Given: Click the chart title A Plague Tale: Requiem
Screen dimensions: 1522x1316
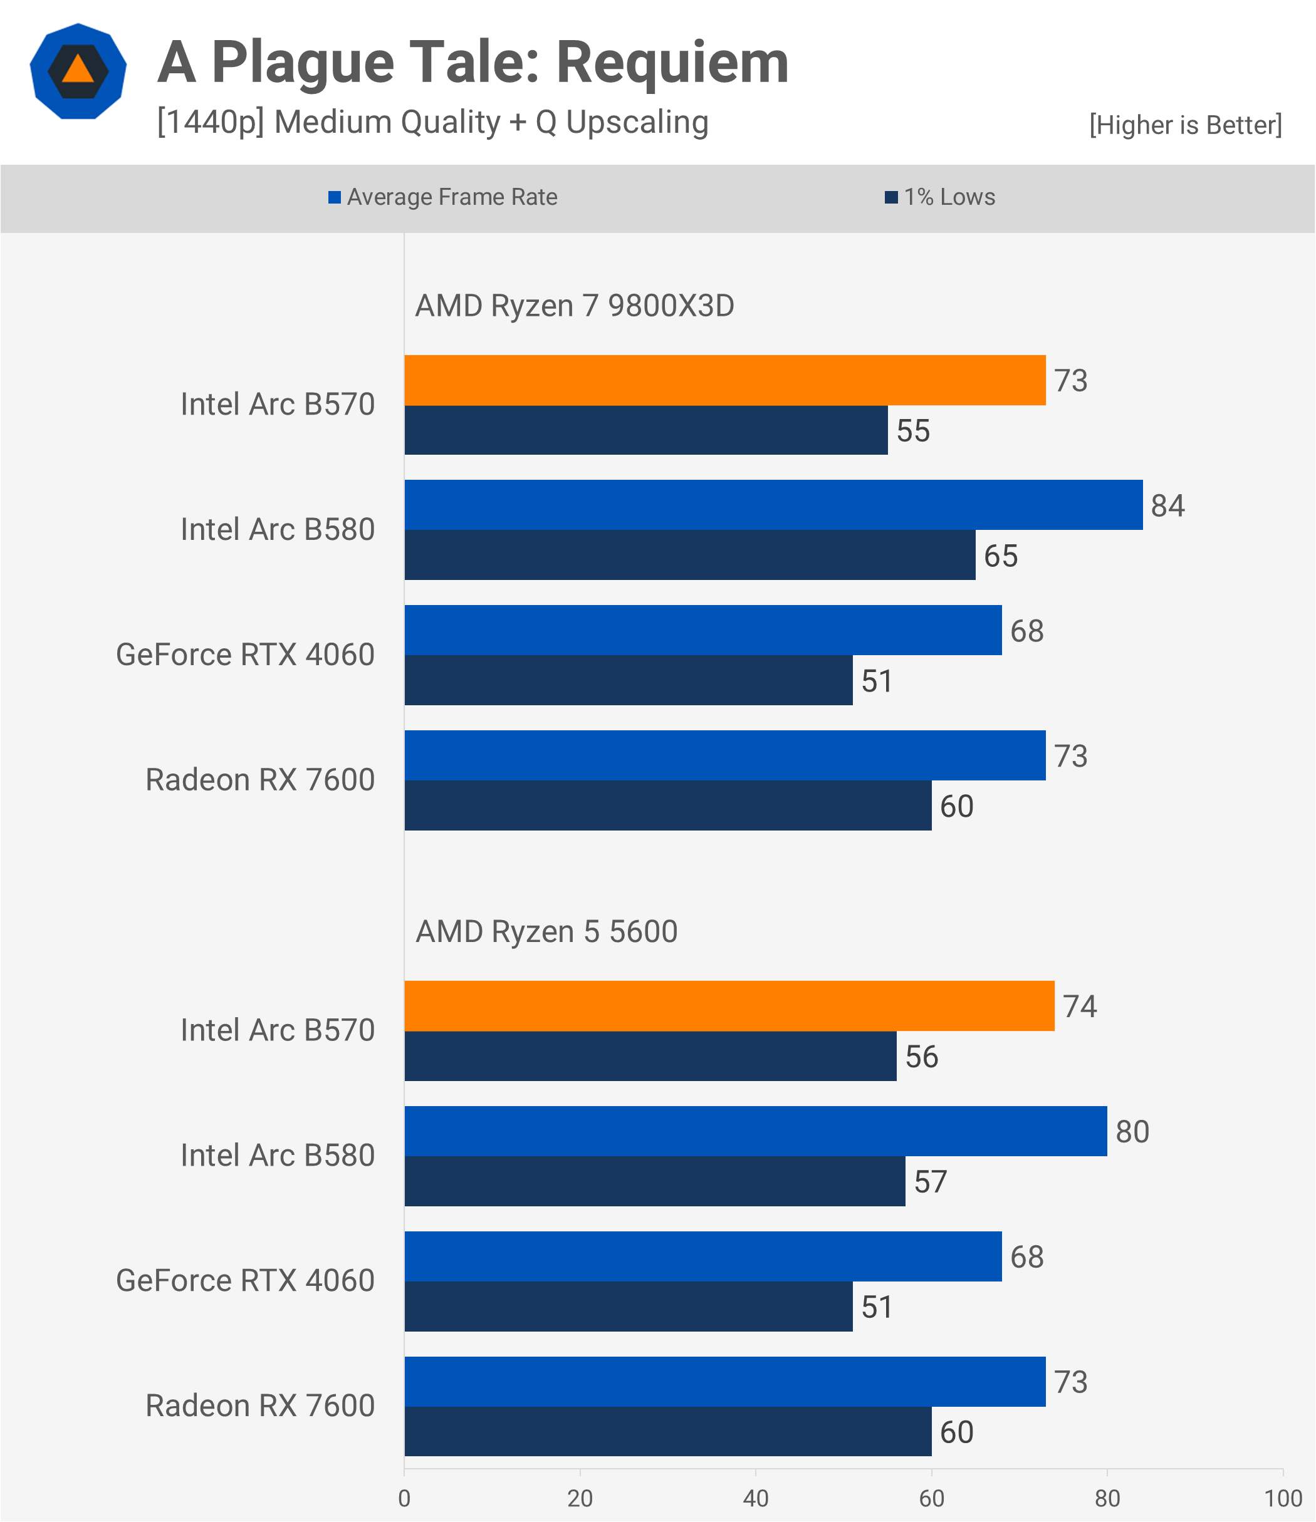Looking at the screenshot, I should coord(473,63).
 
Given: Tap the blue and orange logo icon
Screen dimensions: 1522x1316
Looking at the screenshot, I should coord(78,71).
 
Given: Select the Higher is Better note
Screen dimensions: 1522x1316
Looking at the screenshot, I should coord(1185,125).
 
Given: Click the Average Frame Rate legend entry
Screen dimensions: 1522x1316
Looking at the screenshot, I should coord(443,197).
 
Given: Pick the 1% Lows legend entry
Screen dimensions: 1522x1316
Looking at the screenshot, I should coord(941,197).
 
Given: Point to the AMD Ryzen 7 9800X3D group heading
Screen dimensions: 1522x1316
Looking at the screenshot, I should coord(575,306).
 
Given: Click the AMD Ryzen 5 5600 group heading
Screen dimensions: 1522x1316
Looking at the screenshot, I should coord(546,931).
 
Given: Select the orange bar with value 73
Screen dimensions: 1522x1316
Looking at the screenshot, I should coord(724,381).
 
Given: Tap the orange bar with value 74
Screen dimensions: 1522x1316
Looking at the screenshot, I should coord(729,1006).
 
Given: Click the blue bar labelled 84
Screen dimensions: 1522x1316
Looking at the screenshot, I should coord(773,505).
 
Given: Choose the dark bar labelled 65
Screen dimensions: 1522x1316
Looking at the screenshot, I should coord(689,556).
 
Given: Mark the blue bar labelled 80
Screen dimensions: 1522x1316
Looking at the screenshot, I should coord(755,1131).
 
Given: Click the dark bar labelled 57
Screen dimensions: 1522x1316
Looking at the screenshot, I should coord(654,1181).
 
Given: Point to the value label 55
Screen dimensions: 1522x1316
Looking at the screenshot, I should coord(913,430).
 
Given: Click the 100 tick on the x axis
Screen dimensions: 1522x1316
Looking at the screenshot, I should coord(1283,1498).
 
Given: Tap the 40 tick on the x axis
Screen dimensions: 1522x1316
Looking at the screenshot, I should coord(755,1498).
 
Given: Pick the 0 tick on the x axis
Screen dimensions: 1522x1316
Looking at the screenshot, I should coord(404,1498).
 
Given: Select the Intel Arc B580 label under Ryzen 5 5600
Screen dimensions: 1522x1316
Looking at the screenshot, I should coord(278,1156).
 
